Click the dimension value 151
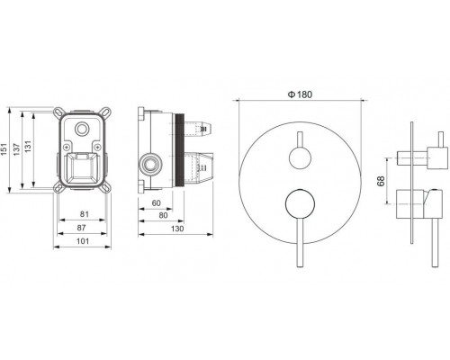(4, 149)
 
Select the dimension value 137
(16, 149)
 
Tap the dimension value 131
(28, 147)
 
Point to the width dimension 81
(85, 214)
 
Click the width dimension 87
(81, 228)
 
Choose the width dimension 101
(83, 241)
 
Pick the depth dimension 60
(156, 203)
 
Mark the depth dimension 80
(163, 215)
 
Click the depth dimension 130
(177, 229)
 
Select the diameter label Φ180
(300, 94)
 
